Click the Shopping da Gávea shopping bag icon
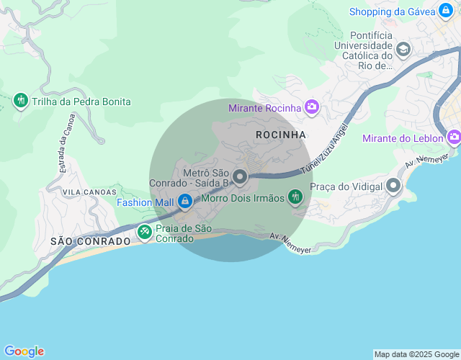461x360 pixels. (447, 12)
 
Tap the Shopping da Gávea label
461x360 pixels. (392, 12)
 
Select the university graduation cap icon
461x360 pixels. (403, 50)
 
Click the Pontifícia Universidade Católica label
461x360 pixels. (371, 50)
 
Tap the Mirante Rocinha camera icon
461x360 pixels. (312, 108)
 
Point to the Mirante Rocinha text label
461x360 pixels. (264, 108)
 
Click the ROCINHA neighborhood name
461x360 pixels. (281, 135)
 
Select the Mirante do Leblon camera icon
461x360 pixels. (454, 137)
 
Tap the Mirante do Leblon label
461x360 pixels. (403, 138)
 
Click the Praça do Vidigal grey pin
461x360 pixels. (393, 186)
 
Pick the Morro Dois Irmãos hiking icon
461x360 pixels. (295, 197)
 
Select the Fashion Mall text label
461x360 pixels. (146, 202)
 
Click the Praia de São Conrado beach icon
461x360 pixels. (145, 232)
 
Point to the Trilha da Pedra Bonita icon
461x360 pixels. (20, 102)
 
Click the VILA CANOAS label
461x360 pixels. (89, 192)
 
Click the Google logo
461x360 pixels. (24, 351)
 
